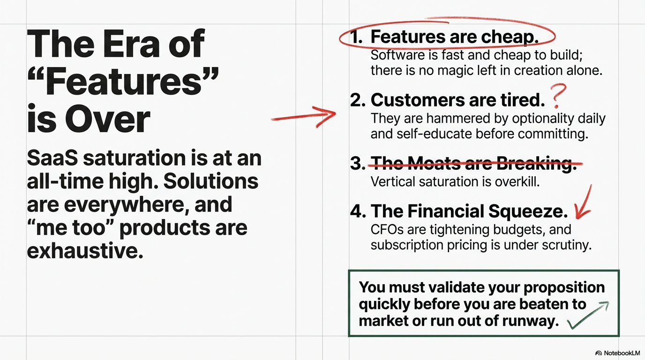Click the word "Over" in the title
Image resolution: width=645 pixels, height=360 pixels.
107,119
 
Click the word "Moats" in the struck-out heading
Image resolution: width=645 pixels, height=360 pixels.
434,163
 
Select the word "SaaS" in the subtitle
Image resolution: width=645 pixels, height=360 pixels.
52,158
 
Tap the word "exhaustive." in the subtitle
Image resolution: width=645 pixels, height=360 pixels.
85,251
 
